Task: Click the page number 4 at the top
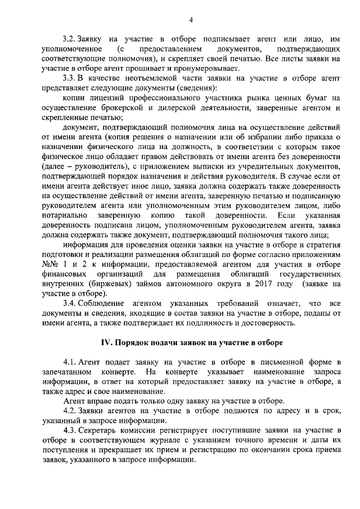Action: [x=191, y=20]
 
